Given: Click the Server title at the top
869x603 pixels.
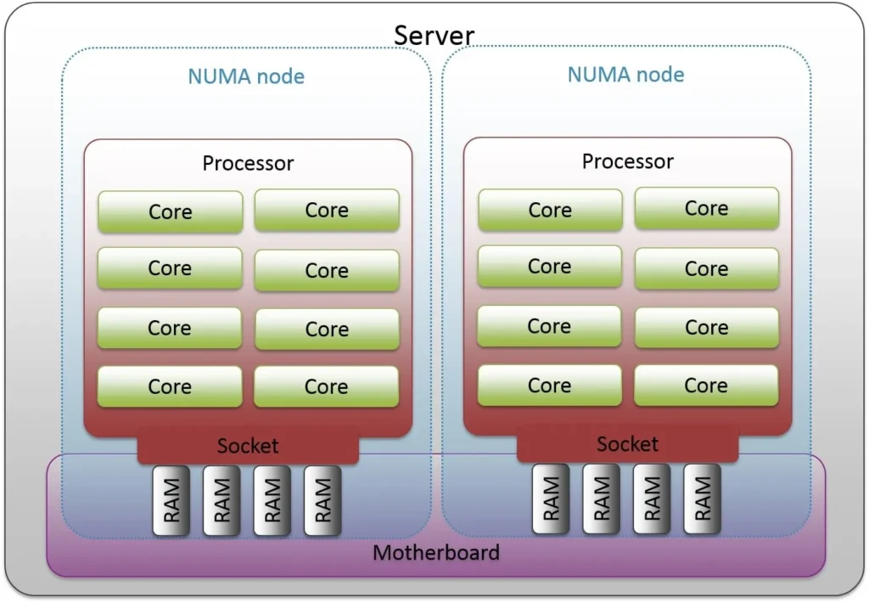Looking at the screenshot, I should pyautogui.click(x=434, y=36).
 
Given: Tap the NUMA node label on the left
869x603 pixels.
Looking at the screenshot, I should pyautogui.click(x=246, y=76).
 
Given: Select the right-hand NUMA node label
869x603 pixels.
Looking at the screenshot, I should pyautogui.click(x=625, y=74).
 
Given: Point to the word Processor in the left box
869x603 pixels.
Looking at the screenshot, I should pyautogui.click(x=248, y=163).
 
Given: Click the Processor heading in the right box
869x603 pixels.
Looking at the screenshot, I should pyautogui.click(x=627, y=161).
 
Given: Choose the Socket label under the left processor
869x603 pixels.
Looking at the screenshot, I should pyautogui.click(x=248, y=446).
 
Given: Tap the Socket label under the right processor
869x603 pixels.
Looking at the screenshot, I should pyautogui.click(x=627, y=444).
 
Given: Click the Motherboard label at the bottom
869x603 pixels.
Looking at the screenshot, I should pyautogui.click(x=436, y=553).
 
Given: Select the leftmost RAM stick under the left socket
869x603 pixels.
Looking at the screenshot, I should pyautogui.click(x=171, y=500).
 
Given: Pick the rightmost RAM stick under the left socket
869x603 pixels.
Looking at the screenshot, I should pyautogui.click(x=322, y=500).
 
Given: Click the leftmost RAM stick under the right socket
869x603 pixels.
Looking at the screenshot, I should pyautogui.click(x=550, y=499).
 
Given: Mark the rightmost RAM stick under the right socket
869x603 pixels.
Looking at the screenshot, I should pyautogui.click(x=702, y=499).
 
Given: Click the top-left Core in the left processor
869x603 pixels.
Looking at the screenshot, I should pyautogui.click(x=171, y=211).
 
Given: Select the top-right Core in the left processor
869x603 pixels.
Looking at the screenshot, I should pyautogui.click(x=327, y=210).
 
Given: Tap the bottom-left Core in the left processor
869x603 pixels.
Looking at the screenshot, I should pyautogui.click(x=170, y=386).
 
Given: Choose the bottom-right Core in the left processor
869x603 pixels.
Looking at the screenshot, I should pyautogui.click(x=326, y=386).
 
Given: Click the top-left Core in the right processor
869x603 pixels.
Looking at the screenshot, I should pyautogui.click(x=550, y=210).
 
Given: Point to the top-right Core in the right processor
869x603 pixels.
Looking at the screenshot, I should pyautogui.click(x=706, y=208).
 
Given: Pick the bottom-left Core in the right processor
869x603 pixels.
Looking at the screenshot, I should pyautogui.click(x=549, y=385).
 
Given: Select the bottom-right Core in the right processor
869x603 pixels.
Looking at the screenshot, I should pyautogui.click(x=706, y=385).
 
